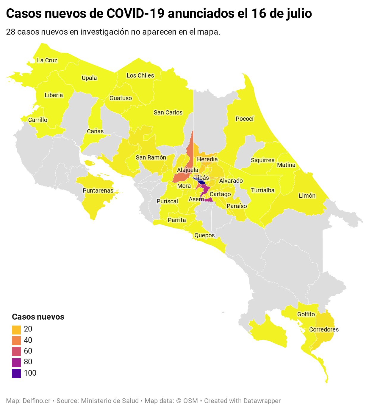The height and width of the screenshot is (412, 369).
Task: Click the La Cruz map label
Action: (x=47, y=61)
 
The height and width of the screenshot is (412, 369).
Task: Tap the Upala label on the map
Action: (x=89, y=78)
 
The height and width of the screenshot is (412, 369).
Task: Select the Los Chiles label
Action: (x=140, y=76)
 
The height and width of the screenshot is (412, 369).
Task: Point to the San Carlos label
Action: (x=168, y=113)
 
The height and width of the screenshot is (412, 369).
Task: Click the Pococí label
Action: (x=245, y=119)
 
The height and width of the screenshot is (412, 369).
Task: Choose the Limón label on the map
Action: (x=307, y=196)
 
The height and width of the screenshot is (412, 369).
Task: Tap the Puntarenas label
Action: (x=98, y=191)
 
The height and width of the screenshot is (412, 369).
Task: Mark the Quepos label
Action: (x=204, y=236)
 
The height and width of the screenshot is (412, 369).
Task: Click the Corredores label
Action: (x=324, y=330)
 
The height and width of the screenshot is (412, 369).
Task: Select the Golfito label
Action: (x=306, y=315)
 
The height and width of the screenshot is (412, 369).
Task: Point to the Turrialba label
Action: (x=262, y=190)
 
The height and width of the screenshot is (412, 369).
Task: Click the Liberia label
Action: (x=54, y=95)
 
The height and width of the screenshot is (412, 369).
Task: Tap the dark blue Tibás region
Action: (x=201, y=182)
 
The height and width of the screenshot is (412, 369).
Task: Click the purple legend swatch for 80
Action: (x=16, y=362)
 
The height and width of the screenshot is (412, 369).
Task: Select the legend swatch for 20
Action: (x=16, y=329)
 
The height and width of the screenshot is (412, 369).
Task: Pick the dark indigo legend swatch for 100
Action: (x=16, y=373)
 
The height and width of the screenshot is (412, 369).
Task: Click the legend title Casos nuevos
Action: (x=38, y=317)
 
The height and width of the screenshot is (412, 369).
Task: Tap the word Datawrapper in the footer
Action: (x=262, y=401)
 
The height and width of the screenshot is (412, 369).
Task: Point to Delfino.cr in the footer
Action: (x=37, y=401)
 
